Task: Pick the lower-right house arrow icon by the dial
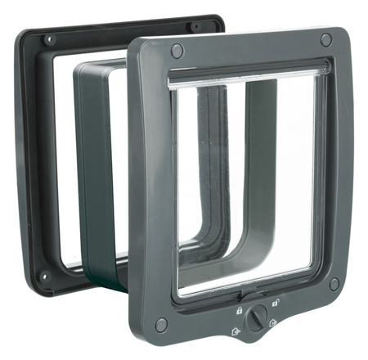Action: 274,324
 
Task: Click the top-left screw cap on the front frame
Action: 176,51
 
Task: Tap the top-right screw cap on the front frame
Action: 325,39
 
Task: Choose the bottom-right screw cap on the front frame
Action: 334,283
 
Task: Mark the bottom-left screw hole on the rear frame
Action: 45,276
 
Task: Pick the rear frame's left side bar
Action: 37,155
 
